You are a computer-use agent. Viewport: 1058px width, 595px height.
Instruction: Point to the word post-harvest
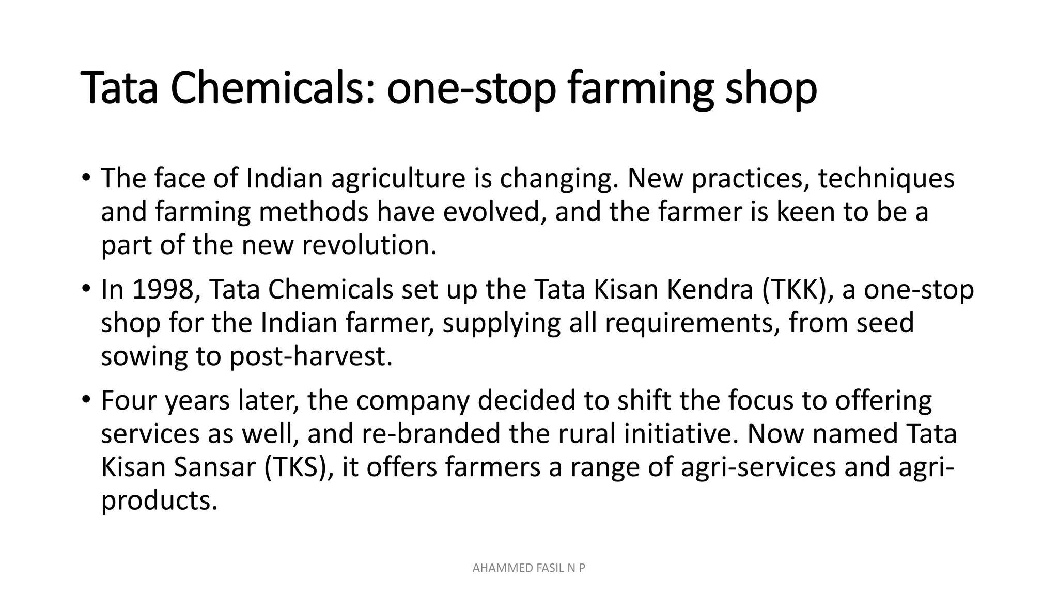point(310,356)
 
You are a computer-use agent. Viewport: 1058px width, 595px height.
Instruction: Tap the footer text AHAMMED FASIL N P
point(528,569)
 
